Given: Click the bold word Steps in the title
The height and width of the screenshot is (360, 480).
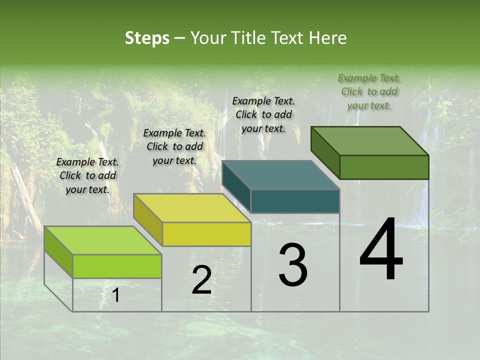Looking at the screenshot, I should coord(147,38).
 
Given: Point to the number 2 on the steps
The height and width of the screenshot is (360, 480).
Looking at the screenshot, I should coord(201,280).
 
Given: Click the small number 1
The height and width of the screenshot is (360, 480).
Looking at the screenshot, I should coord(116,295).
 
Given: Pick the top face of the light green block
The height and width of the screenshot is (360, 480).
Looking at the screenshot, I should coord(103,240).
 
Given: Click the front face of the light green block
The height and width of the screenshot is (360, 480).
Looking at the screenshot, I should coord(117,266).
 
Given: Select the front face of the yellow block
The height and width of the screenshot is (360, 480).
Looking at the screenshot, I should coord(206,234).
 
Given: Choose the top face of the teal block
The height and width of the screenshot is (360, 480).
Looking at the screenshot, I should coord(281,175).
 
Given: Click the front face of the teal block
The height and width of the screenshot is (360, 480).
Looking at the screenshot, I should coord(295,201).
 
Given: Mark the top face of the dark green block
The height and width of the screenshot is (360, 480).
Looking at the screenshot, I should coord(370,141).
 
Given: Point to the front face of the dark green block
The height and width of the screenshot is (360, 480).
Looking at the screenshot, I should coord(384,167).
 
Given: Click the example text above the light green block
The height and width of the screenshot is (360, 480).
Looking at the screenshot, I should coord(87,175).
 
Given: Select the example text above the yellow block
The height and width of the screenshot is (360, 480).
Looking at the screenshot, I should coord(174,146).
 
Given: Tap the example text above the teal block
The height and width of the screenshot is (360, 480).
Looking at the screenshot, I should coord(263,114).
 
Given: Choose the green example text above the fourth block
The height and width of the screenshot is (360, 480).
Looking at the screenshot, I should coord(369,91).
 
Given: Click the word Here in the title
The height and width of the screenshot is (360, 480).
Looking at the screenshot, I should coord(329,38).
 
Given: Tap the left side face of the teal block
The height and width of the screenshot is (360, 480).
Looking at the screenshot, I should coord(236,187).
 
